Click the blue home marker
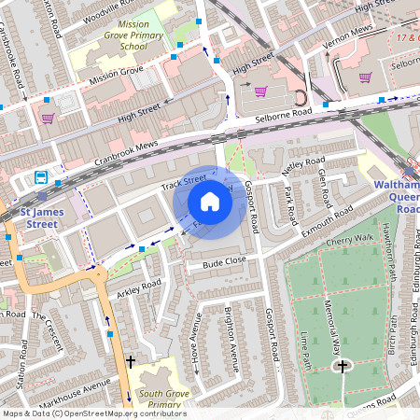click(x=210, y=202)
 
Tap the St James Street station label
click(x=45, y=218)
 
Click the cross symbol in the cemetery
click(x=343, y=367)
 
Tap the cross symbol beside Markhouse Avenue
click(x=130, y=360)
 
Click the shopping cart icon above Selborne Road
click(x=261, y=91)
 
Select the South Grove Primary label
click(x=159, y=399)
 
